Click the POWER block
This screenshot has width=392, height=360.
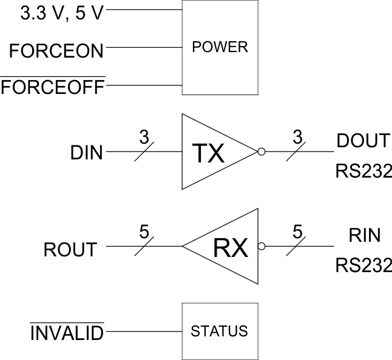(220, 47)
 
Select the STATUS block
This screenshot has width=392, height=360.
(220, 331)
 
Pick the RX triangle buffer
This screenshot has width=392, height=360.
(228, 247)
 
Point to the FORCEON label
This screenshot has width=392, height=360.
(56, 51)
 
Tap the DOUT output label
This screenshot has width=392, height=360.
(362, 141)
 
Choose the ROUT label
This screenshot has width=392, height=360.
(70, 249)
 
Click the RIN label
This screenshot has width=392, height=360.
(365, 235)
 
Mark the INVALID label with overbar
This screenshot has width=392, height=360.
(67, 332)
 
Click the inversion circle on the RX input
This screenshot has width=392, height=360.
(262, 247)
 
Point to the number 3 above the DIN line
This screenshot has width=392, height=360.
(143, 136)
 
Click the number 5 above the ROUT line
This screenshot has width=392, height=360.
(144, 231)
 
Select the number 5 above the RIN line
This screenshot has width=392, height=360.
(297, 231)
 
